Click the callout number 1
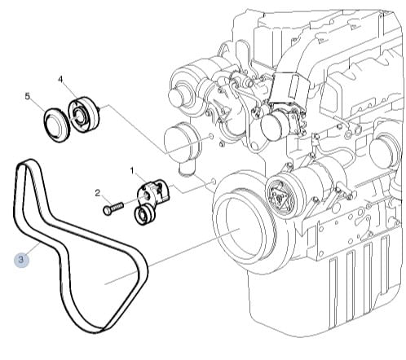132,171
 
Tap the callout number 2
98,193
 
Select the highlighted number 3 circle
21,260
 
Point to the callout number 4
60,79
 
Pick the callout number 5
27,96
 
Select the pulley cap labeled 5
56,125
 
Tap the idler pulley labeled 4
84,114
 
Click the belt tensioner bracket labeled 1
152,192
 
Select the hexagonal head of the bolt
107,211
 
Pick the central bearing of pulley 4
80,116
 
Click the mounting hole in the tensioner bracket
146,195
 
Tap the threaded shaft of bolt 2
117,206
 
